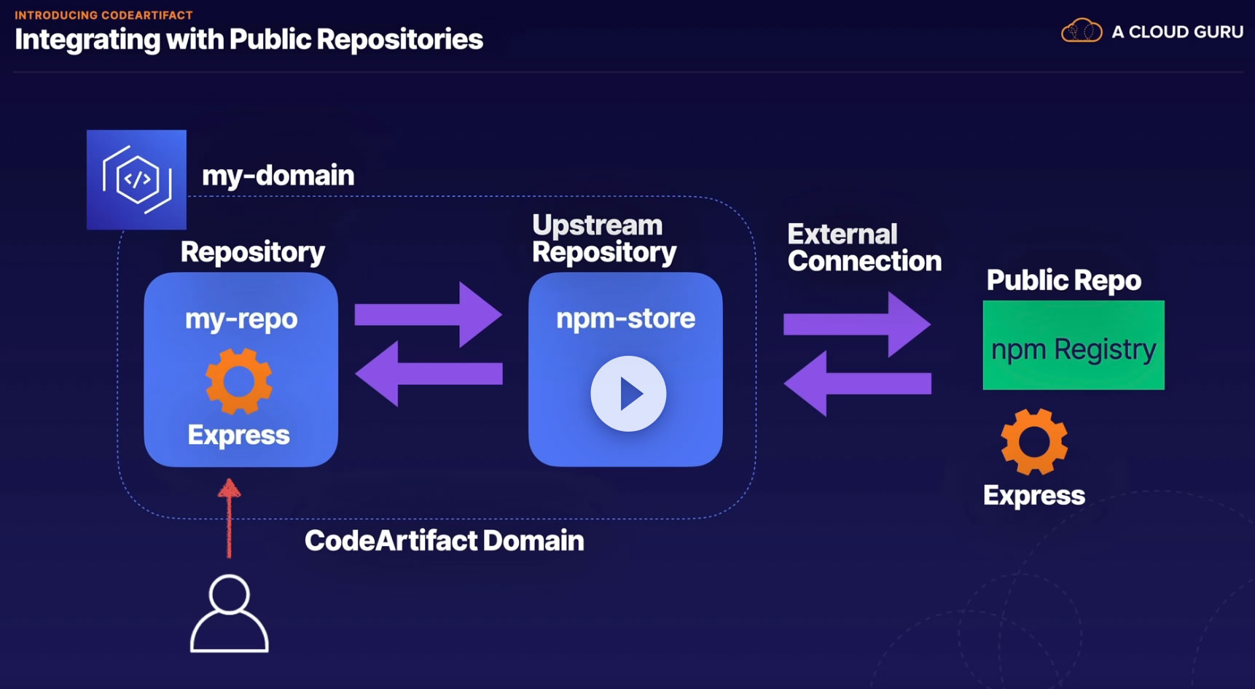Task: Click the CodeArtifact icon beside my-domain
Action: coord(136,179)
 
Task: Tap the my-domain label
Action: coord(278,176)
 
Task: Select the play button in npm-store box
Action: coord(628,394)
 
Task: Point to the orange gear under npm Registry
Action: coord(1034,442)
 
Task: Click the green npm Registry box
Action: coord(1074,345)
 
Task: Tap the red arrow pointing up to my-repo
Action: coord(229,518)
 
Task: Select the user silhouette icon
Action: coord(230,613)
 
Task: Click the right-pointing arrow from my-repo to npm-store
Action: coord(428,314)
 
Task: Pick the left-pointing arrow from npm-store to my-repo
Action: coord(429,373)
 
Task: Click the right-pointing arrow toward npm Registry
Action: coord(857,324)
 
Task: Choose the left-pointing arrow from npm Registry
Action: coord(857,383)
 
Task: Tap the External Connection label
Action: coord(864,248)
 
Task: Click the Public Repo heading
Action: coord(1064,280)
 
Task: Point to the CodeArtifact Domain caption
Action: coord(445,540)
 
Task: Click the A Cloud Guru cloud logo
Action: coord(1082,31)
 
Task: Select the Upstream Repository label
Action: coord(604,238)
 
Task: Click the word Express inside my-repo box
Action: coord(239,435)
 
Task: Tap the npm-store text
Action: coord(625,319)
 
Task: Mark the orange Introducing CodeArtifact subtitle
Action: coord(103,15)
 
